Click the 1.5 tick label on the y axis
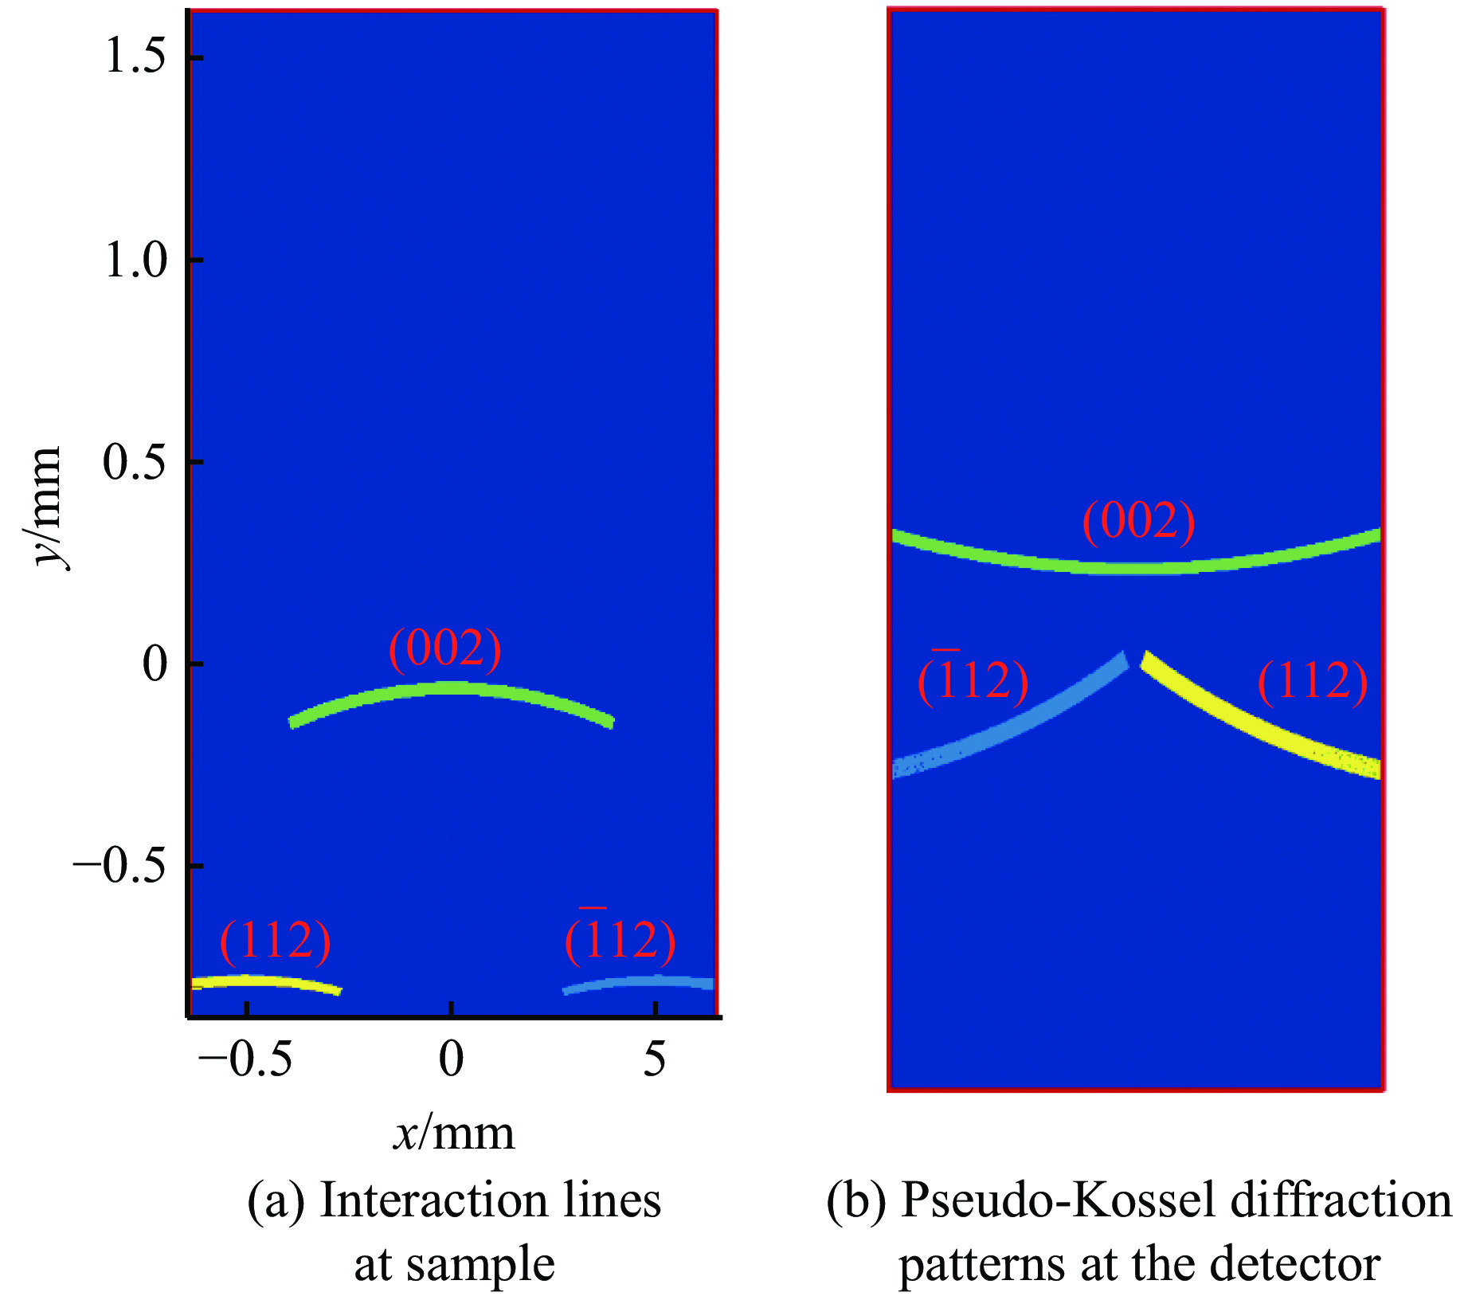(x=135, y=58)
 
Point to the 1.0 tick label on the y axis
(x=135, y=260)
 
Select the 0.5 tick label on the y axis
(x=135, y=462)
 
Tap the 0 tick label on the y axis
(x=155, y=664)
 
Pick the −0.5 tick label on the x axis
(x=245, y=1060)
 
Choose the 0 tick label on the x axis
(x=451, y=1060)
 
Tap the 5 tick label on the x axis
(x=654, y=1060)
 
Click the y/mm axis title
(x=46, y=507)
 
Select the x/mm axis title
(x=454, y=1133)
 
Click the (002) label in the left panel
(x=444, y=648)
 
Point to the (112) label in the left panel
(x=275, y=941)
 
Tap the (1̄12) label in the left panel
(x=620, y=939)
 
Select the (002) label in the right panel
(x=1138, y=522)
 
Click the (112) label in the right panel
(x=1312, y=681)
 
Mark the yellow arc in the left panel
(x=267, y=982)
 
